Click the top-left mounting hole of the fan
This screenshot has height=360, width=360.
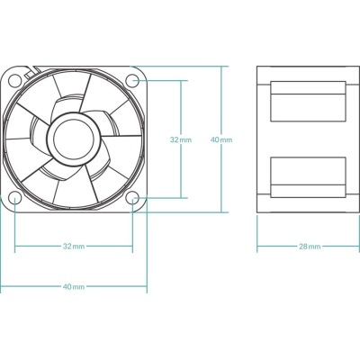[15, 80]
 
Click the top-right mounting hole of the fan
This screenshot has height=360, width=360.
[132, 80]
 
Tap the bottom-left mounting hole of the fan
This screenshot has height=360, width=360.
[15, 198]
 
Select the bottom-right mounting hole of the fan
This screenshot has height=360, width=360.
[132, 198]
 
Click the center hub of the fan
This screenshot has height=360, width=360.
[74, 139]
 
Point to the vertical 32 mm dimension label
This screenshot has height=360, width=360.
[181, 139]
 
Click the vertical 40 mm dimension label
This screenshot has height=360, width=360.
[221, 139]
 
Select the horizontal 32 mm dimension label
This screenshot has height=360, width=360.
[74, 247]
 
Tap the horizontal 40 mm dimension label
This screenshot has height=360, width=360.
[74, 287]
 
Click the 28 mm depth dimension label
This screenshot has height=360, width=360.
[310, 247]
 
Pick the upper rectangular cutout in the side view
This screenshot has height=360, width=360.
[308, 101]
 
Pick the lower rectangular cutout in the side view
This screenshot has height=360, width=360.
[308, 177]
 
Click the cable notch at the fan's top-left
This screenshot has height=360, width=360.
[31, 72]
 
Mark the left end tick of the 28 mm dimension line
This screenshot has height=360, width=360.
[257, 247]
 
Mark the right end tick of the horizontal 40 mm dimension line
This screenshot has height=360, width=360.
[147, 287]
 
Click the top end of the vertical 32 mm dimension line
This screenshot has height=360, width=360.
[181, 80]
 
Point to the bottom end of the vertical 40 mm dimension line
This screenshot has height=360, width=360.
[221, 212]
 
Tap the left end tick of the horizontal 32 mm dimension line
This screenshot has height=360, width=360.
[15, 247]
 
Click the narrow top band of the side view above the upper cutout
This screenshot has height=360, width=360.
[308, 74]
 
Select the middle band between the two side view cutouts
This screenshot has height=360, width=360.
[308, 139]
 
